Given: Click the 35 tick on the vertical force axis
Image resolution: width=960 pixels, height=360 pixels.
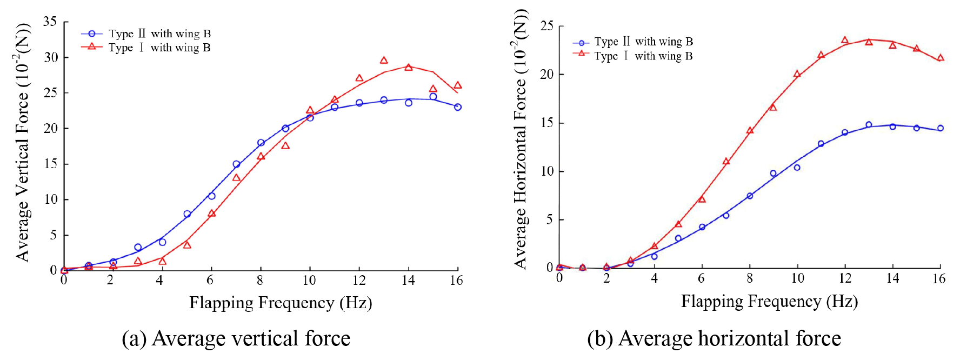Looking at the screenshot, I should (50, 22).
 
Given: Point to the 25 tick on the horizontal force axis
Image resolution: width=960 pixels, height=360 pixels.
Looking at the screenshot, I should (546, 26).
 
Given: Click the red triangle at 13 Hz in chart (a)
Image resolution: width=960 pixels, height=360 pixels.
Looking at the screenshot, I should (384, 61).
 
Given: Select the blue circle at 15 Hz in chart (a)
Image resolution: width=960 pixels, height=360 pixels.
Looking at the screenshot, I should (433, 97).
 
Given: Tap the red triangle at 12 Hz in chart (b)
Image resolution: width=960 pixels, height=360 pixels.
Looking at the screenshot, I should (845, 40).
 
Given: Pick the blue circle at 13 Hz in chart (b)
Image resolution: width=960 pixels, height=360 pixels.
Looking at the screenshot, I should (869, 125).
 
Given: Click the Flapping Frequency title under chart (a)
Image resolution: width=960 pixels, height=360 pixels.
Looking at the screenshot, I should (281, 303).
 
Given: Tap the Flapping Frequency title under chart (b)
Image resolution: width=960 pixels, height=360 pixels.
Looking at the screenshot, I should (769, 302).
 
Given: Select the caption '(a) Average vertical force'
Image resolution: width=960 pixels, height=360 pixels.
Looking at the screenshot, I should (236, 339).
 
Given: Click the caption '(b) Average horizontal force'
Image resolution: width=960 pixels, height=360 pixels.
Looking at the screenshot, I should (714, 339).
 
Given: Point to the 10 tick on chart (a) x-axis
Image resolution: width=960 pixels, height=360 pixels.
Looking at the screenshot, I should (309, 280).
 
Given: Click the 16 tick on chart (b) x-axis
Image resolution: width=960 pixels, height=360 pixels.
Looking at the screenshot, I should (939, 278).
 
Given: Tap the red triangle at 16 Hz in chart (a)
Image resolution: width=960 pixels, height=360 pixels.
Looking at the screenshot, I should (458, 85).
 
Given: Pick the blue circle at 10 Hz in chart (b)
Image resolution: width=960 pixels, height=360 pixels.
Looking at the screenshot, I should (797, 168).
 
